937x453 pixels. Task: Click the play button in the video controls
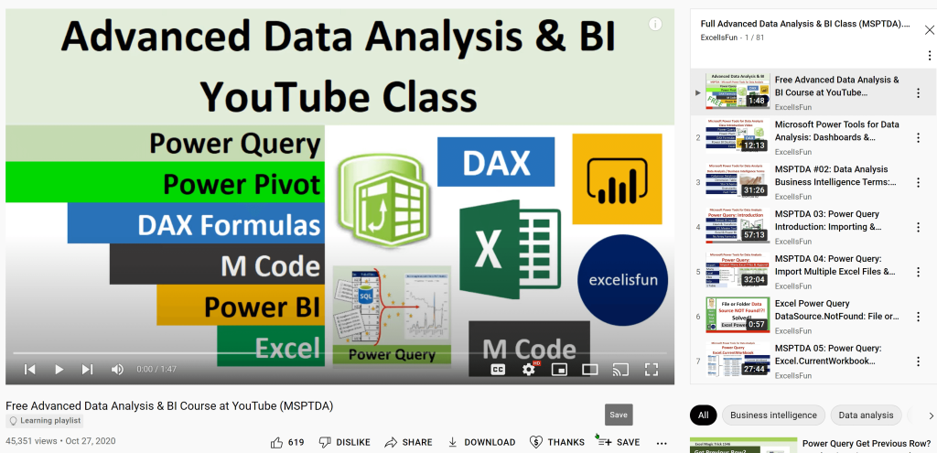59,369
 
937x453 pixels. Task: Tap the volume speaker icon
117,369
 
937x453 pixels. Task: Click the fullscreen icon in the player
652,369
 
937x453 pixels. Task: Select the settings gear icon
528,369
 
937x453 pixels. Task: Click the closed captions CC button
499,369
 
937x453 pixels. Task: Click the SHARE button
408,442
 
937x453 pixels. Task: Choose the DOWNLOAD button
481,442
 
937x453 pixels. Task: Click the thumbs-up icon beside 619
276,442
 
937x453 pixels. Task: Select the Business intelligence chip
773,415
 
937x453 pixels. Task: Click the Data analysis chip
866,415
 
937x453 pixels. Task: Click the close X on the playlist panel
929,29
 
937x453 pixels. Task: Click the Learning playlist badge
45,421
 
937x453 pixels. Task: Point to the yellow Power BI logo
616,178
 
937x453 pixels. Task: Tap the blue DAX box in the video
496,162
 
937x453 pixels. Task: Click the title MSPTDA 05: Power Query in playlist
827,349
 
